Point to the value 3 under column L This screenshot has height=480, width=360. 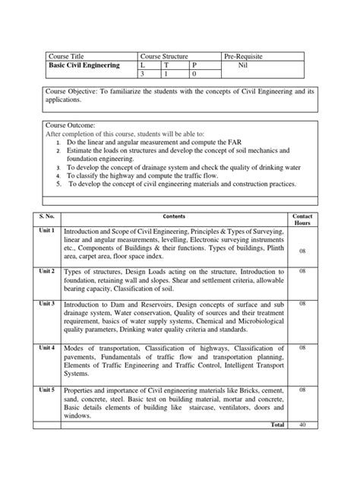tap(144, 75)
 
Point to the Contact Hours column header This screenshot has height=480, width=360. tap(302, 219)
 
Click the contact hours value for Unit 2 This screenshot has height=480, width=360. tap(302, 271)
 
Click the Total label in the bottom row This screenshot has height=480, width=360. tap(277, 425)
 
